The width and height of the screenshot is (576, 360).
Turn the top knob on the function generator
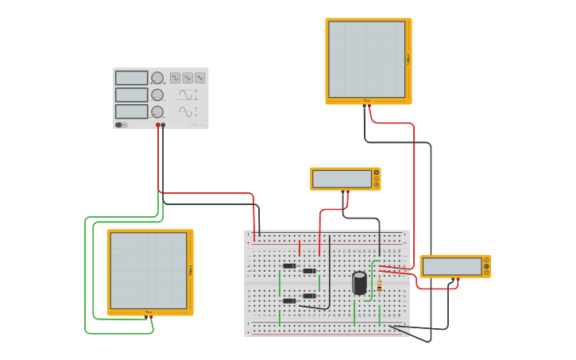(157, 78)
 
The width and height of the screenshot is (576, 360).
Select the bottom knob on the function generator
(157, 112)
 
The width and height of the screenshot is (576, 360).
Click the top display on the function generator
(131, 78)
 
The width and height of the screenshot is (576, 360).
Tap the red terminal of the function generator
(158, 125)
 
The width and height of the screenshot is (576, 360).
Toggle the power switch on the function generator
(119, 125)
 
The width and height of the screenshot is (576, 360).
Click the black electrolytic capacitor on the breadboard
(360, 283)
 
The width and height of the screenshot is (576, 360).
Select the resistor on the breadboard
(379, 285)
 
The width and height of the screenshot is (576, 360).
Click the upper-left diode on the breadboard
(289, 266)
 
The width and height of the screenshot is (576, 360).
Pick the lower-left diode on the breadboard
(289, 300)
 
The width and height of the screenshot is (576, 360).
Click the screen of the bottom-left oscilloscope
(149, 270)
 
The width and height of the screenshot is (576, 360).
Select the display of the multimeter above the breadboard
(342, 179)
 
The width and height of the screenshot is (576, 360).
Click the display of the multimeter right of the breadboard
(451, 266)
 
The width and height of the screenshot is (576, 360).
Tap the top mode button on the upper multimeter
(377, 172)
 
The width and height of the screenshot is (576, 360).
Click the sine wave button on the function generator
(200, 78)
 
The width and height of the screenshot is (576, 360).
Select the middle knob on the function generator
(157, 95)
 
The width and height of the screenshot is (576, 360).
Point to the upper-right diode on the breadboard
(309, 271)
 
